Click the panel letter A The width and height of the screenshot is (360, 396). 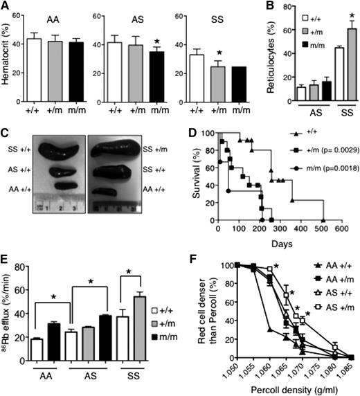tap(6, 7)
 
